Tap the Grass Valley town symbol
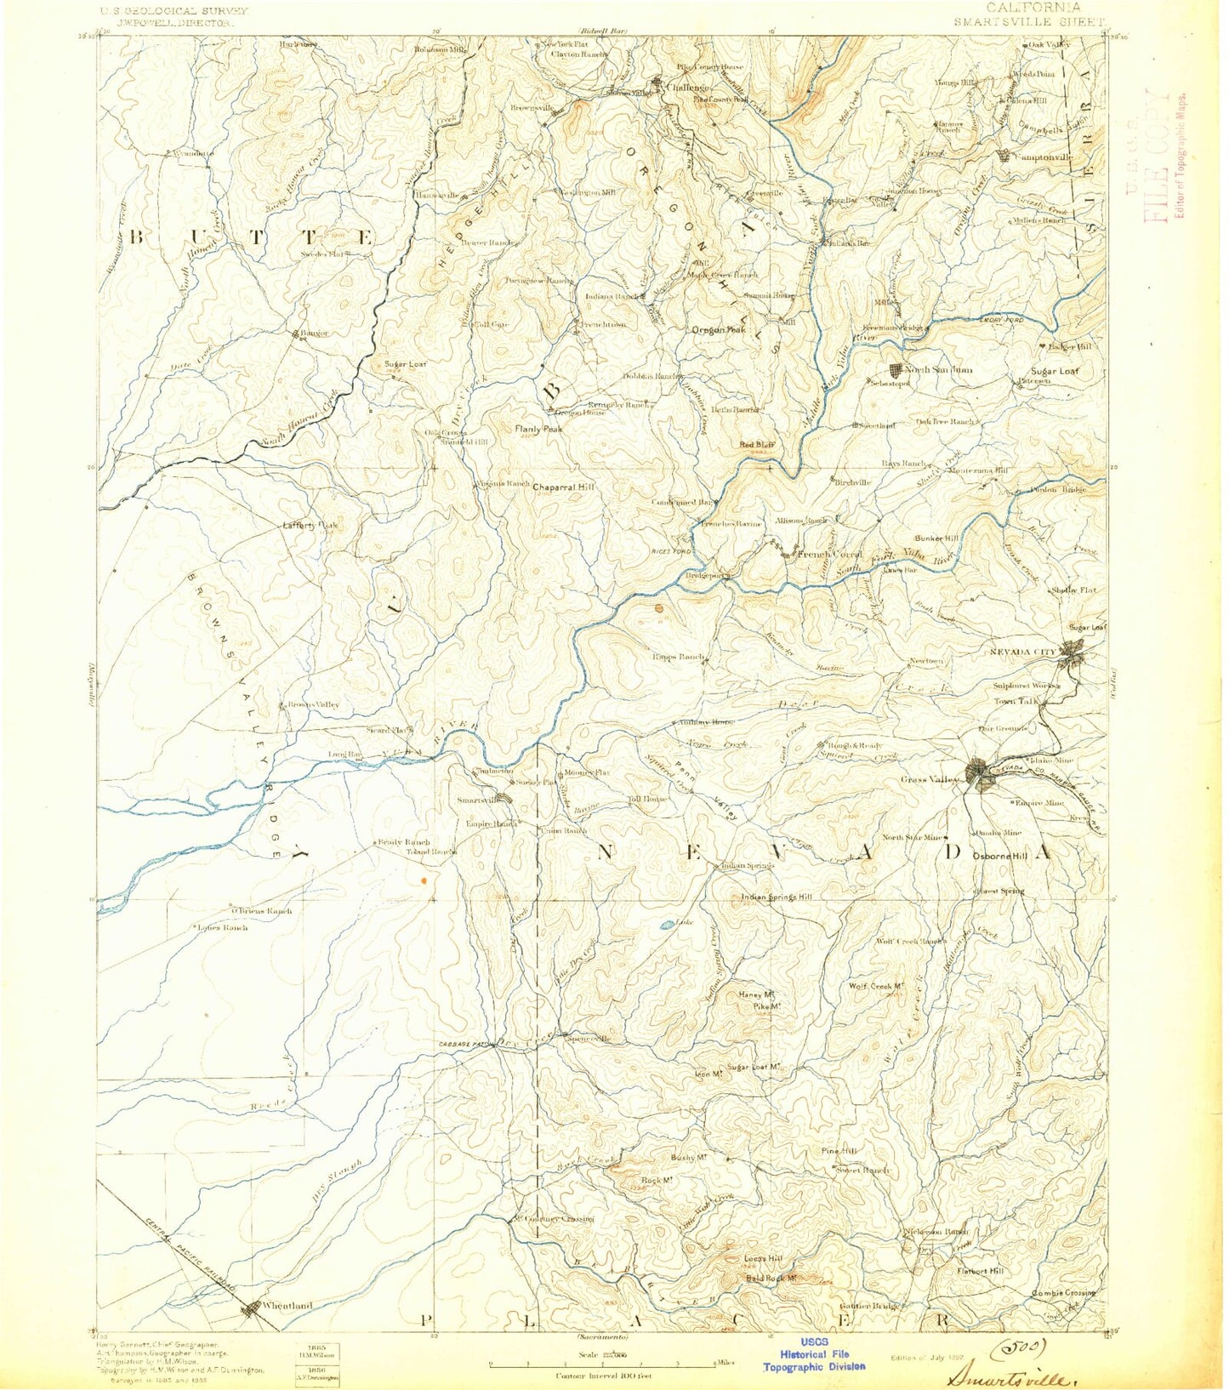pos(979,774)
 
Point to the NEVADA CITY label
pos(1022,652)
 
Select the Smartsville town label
pos(477,800)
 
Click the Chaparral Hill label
pos(563,487)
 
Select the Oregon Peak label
pos(719,330)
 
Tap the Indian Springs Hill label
pos(777,897)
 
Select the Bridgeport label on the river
pos(703,576)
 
